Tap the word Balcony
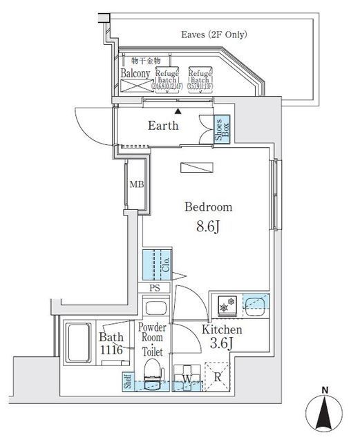tap(135, 73)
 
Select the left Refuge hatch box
tap(168, 79)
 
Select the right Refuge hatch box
tap(200, 79)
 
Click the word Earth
tap(164, 126)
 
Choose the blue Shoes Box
tap(221, 130)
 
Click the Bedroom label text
tap(207, 207)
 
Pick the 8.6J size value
tap(207, 226)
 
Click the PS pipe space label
tap(155, 288)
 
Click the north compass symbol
tap(324, 412)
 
